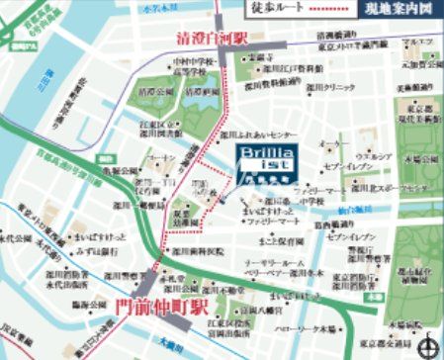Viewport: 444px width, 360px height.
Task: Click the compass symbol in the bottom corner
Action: [426, 343]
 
